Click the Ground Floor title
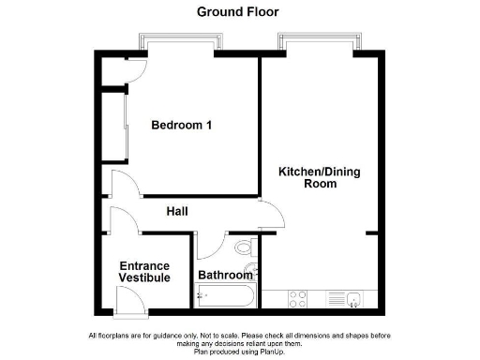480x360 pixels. click(237, 12)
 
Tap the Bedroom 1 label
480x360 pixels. click(181, 126)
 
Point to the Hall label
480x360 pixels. click(177, 212)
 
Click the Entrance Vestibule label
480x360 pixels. click(145, 272)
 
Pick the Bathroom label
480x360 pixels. click(225, 276)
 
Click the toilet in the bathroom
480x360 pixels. click(246, 249)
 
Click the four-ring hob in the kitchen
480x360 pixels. click(298, 299)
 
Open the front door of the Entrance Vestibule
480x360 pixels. click(128, 300)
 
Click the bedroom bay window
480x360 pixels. click(181, 41)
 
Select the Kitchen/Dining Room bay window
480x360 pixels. click(318, 41)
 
